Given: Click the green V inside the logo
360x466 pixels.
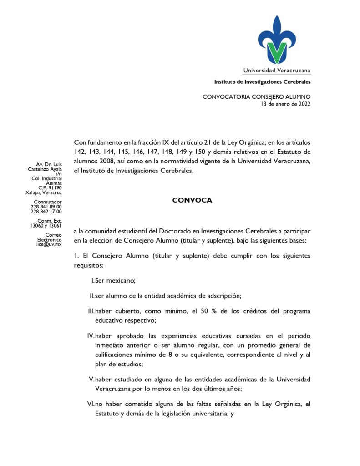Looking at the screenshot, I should (277, 52).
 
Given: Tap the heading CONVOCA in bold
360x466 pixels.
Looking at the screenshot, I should (192, 200).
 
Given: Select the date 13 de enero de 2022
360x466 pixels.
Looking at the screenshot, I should (285, 104).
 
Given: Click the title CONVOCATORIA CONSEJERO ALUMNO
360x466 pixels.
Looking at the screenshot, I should (257, 97).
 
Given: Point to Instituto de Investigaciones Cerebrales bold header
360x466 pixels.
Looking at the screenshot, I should (263, 82).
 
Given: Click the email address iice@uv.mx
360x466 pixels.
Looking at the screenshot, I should (49, 244).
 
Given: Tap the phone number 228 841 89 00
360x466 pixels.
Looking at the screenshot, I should (46, 207).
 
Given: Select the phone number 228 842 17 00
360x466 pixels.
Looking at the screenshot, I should (46, 212).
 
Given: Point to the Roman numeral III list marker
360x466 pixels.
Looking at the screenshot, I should (91, 311).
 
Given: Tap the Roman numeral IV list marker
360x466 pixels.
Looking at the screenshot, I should (91, 336).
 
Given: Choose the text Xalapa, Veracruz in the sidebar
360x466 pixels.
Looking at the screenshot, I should (44, 192).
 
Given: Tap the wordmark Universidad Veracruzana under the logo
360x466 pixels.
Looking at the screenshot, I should (277, 71).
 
